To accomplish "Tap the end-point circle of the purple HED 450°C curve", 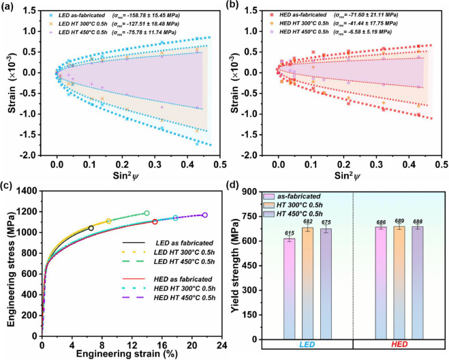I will click(205, 215).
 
